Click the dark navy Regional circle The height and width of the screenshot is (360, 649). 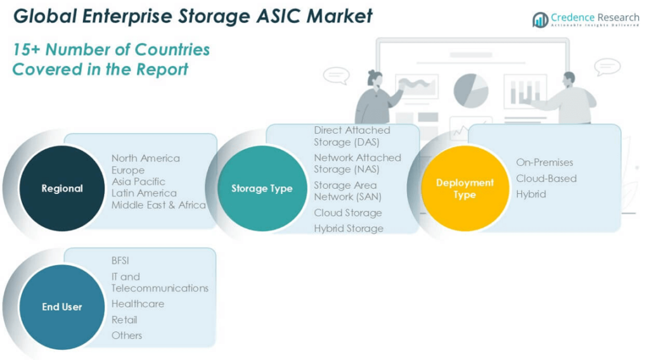pos(61,188)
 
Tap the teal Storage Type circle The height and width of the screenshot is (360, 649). pos(262,188)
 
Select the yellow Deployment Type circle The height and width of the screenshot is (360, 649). pos(464,188)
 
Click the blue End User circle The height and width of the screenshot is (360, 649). pos(61,307)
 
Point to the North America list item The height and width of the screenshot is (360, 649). pos(145,158)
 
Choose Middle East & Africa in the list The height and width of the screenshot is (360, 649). pos(158,205)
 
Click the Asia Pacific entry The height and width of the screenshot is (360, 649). pos(138,181)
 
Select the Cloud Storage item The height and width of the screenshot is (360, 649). pos(347,213)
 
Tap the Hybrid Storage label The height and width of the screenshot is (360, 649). pos(349,228)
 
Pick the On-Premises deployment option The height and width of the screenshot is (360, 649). pos(544,162)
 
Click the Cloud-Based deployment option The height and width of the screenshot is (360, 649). pos(546,178)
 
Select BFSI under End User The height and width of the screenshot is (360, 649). pos(120,260)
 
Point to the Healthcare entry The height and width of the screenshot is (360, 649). pos(138,304)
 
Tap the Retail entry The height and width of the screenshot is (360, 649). pos(124,319)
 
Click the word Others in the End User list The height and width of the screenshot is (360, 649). pos(127,335)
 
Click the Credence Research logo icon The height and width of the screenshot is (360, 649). pos(540,20)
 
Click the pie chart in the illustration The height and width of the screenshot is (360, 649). pos(471,89)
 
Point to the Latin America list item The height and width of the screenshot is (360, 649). pos(144,193)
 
